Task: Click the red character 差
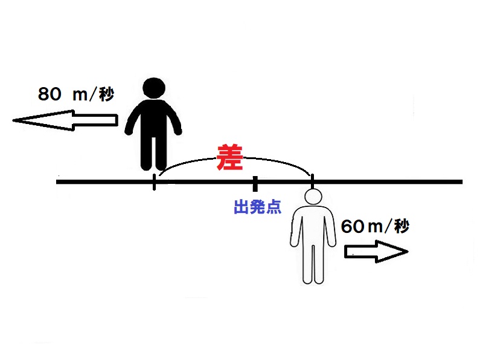[x=230, y=157]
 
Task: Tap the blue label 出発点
[x=258, y=207]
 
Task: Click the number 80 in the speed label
[x=50, y=94]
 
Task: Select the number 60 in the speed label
[x=353, y=226]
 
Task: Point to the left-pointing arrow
[x=65, y=120]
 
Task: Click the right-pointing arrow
[x=376, y=252]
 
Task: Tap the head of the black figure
[x=154, y=88]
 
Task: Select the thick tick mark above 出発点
[x=255, y=184]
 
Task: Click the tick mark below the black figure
[x=154, y=182]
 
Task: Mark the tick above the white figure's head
[x=312, y=181]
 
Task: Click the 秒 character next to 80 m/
[x=107, y=94]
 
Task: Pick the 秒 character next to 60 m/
[x=401, y=226]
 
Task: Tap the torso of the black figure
[x=154, y=118]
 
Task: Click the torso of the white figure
[x=313, y=226]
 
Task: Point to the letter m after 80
[x=80, y=96]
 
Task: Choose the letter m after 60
[x=375, y=228]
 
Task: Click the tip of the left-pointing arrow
[x=13, y=120]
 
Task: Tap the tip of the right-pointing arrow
[x=408, y=252]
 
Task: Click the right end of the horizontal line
[x=462, y=182]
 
